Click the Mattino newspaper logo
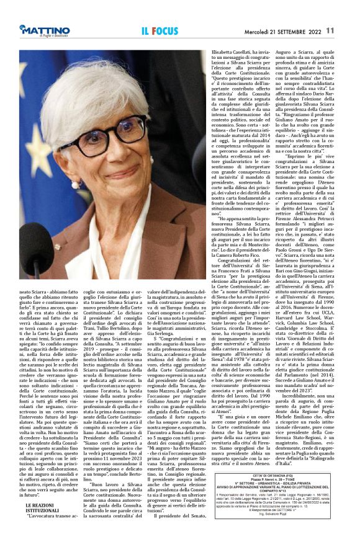coord(47,28)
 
